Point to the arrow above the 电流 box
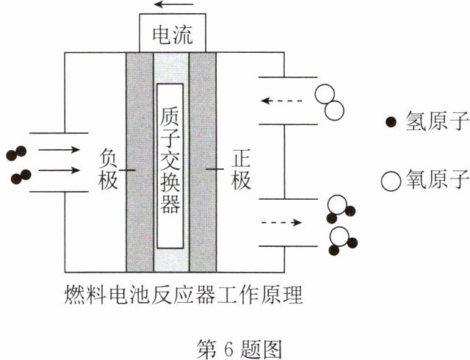pyautogui.click(x=173, y=4)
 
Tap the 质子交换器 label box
pyautogui.click(x=170, y=166)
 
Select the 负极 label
pyautogui.click(x=108, y=170)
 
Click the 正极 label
pyautogui.click(x=241, y=170)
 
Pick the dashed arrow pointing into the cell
pyautogui.click(x=281, y=101)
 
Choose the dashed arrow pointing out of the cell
pyautogui.click(x=281, y=223)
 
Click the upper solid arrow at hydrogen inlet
pyautogui.click(x=59, y=149)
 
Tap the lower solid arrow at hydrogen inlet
pyautogui.click(x=59, y=170)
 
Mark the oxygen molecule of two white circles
pyautogui.click(x=330, y=102)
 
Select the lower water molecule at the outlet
pyautogui.click(x=342, y=241)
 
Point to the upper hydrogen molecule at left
pyautogui.click(x=16, y=154)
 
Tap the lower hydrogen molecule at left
pyautogui.click(x=21, y=177)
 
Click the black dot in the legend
pyautogui.click(x=391, y=122)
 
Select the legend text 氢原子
pyautogui.click(x=437, y=121)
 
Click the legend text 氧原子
pyautogui.click(x=437, y=179)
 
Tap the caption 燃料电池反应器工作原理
pyautogui.click(x=183, y=295)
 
